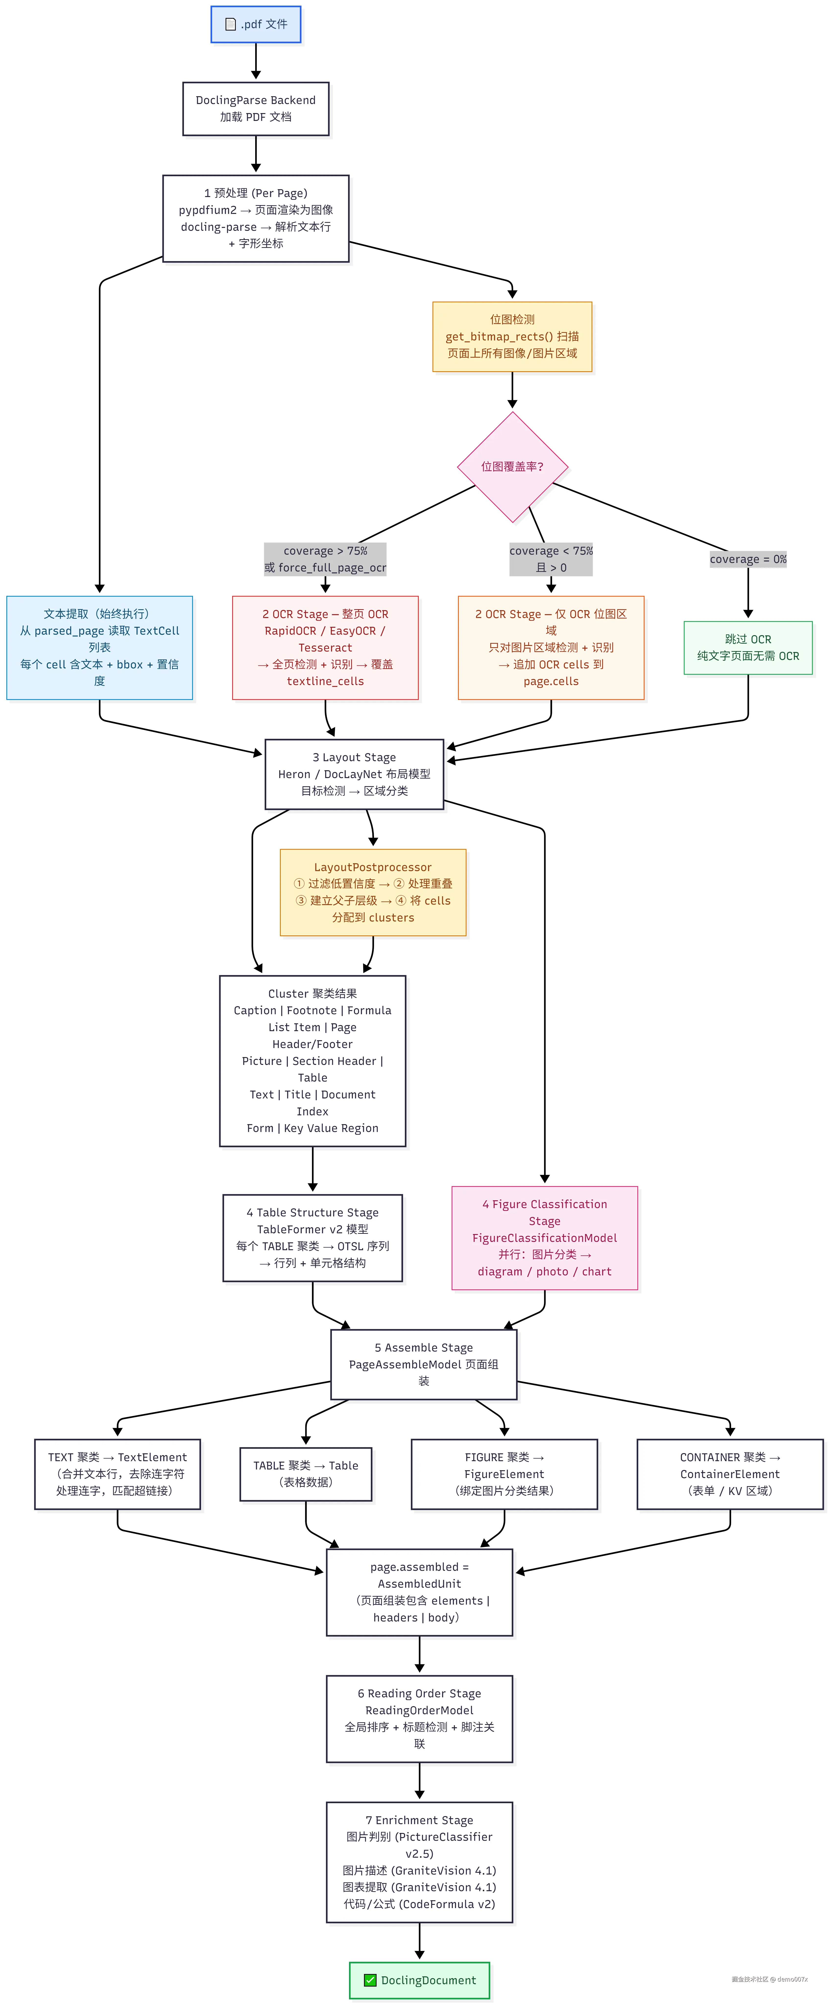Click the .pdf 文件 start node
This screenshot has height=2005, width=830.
(255, 24)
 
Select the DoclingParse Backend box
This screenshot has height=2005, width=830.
(255, 108)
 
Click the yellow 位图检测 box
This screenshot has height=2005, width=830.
(512, 336)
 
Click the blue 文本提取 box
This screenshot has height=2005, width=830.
(100, 648)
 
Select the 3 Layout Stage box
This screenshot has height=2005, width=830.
(354, 774)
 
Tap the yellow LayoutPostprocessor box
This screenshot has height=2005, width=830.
(373, 892)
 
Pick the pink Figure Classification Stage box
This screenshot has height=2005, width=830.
(545, 1237)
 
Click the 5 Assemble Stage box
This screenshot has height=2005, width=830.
(423, 1364)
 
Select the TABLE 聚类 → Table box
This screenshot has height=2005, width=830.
(306, 1474)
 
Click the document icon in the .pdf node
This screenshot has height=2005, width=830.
(230, 24)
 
